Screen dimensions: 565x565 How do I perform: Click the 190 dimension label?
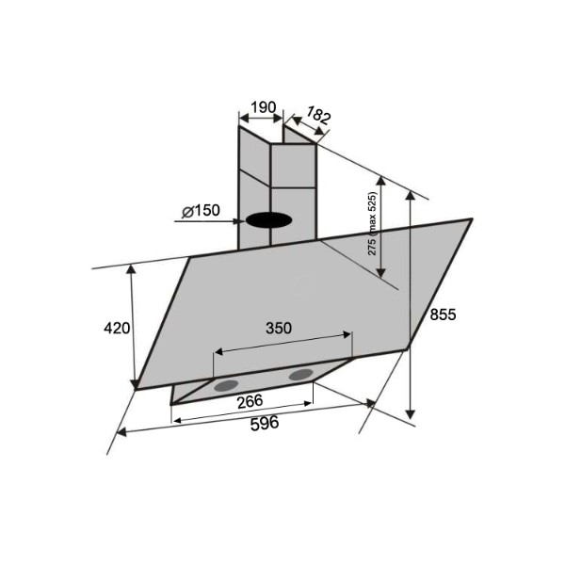point(264,107)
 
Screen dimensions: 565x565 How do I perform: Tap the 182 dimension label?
point(318,115)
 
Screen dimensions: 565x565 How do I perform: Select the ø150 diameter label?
point(201,210)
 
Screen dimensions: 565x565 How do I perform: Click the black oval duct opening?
point(268,220)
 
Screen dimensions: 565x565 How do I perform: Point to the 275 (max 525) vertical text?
point(372,223)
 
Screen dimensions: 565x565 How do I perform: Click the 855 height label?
point(443,315)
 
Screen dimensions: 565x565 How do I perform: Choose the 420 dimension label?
point(117,328)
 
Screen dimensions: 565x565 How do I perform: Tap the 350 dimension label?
point(279,328)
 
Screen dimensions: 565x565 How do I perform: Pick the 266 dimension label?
point(250,401)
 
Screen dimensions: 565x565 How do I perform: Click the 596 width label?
point(265,423)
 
